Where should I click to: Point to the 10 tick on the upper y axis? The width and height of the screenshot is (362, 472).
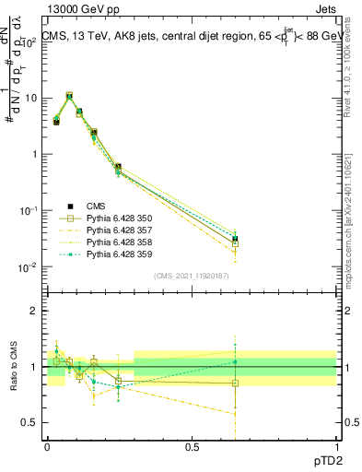pyautogui.click(x=33, y=98)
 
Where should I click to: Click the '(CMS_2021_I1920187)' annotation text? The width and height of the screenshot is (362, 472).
pyautogui.click(x=191, y=277)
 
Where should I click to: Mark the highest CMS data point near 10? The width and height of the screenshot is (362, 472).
pyautogui.click(x=69, y=96)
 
